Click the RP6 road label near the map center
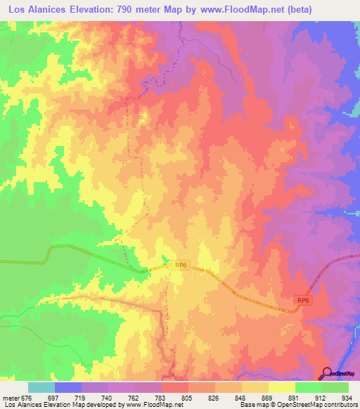tap(181, 265)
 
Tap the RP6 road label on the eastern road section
tap(303, 301)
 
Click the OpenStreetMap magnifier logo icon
tap(326, 374)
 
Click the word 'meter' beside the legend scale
tap(13, 398)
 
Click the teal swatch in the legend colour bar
tap(41, 387)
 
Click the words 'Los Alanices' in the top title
tap(35, 9)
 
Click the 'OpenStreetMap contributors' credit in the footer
tap(317, 405)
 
